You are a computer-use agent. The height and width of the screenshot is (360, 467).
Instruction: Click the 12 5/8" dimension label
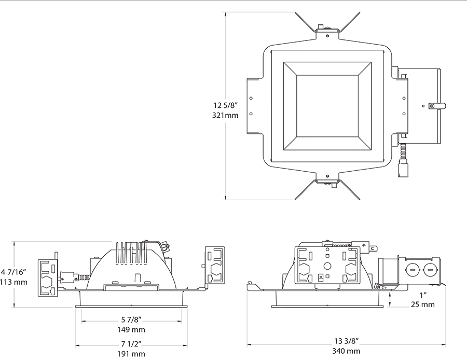point(226,105)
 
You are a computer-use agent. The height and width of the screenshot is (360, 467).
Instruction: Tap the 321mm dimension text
point(225,115)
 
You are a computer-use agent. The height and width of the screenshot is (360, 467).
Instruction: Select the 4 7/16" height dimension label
point(13,272)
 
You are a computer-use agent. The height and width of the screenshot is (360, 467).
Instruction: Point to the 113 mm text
point(13,282)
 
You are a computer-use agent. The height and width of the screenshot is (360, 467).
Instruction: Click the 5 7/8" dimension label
point(131,320)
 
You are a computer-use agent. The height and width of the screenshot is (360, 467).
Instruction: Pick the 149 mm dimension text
point(131,329)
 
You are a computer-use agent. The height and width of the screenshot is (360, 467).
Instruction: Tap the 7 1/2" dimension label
point(131,344)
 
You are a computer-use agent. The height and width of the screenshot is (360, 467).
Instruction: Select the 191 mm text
point(131,354)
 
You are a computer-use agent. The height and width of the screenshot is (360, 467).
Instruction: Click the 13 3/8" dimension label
point(347,341)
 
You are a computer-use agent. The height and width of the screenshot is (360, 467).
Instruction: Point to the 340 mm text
point(347,351)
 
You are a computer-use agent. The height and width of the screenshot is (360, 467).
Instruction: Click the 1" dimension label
point(423,295)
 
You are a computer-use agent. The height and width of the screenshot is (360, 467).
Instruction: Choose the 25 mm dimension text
point(423,304)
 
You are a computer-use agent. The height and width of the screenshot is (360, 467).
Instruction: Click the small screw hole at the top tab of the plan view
point(327,36)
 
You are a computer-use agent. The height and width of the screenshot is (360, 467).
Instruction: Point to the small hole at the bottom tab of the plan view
point(327,176)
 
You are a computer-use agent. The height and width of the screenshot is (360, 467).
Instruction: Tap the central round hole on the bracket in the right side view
point(327,266)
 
